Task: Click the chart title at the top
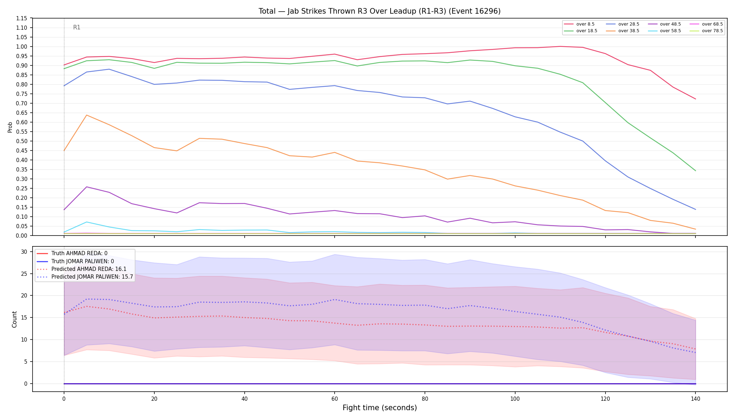(x=379, y=11)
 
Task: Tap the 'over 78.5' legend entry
(x=706, y=31)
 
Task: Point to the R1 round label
(x=77, y=27)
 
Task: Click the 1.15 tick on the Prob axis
(x=22, y=18)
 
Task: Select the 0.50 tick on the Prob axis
(x=22, y=141)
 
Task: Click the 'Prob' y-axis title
(x=10, y=127)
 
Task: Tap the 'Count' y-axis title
(x=14, y=319)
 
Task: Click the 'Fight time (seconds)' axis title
(x=380, y=408)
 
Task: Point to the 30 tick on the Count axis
(x=24, y=252)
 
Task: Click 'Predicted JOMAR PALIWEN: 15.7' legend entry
(x=85, y=277)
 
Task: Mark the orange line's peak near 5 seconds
(x=86, y=115)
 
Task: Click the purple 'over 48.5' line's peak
(x=86, y=187)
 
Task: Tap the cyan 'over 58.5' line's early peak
(x=86, y=222)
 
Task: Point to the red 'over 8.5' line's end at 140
(x=695, y=99)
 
